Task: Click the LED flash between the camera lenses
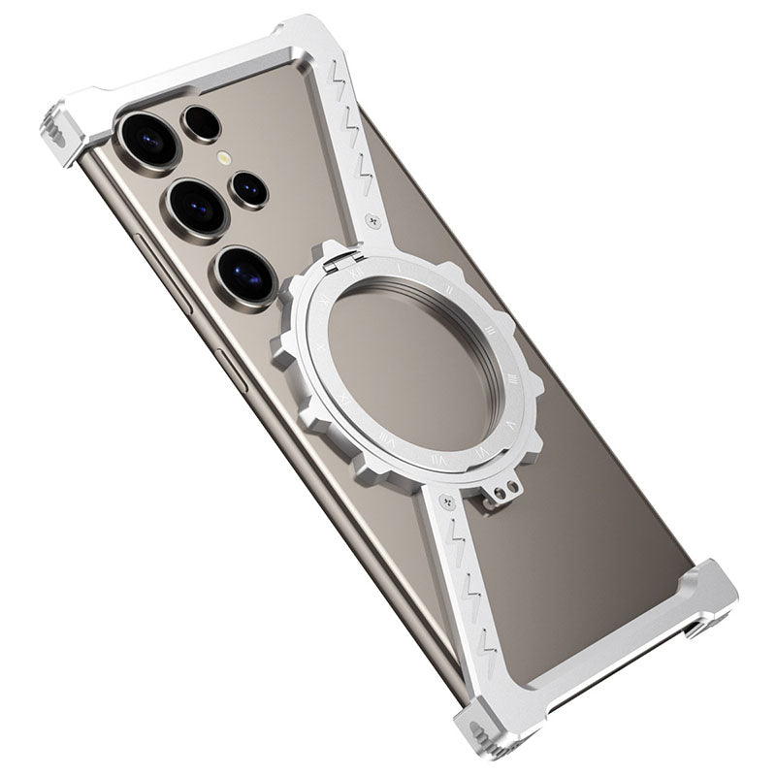[224, 157]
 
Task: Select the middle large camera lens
[197, 207]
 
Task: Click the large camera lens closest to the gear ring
[244, 274]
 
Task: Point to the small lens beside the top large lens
[202, 123]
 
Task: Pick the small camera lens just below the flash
[249, 189]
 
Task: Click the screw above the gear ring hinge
[374, 221]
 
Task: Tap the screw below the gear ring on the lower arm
[447, 502]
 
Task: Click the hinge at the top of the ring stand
[346, 257]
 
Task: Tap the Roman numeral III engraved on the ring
[489, 330]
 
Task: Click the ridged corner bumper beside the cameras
[55, 134]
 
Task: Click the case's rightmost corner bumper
[713, 597]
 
